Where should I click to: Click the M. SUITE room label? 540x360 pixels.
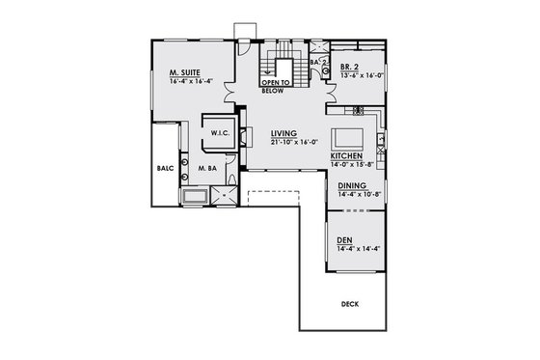pyautogui.click(x=184, y=72)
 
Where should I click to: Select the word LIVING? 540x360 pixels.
pyautogui.click(x=283, y=133)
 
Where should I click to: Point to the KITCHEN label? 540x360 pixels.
pyautogui.click(x=346, y=155)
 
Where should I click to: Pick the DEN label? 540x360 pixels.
pyautogui.click(x=344, y=240)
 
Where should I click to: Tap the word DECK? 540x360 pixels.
pyautogui.click(x=351, y=305)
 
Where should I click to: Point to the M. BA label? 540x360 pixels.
pyautogui.click(x=207, y=167)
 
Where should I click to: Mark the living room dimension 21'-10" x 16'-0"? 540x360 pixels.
pyautogui.click(x=290, y=142)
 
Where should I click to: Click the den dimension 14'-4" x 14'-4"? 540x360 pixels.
pyautogui.click(x=357, y=249)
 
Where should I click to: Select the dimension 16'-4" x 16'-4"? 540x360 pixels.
pyautogui.click(x=191, y=81)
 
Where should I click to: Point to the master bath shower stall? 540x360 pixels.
pyautogui.click(x=226, y=195)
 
